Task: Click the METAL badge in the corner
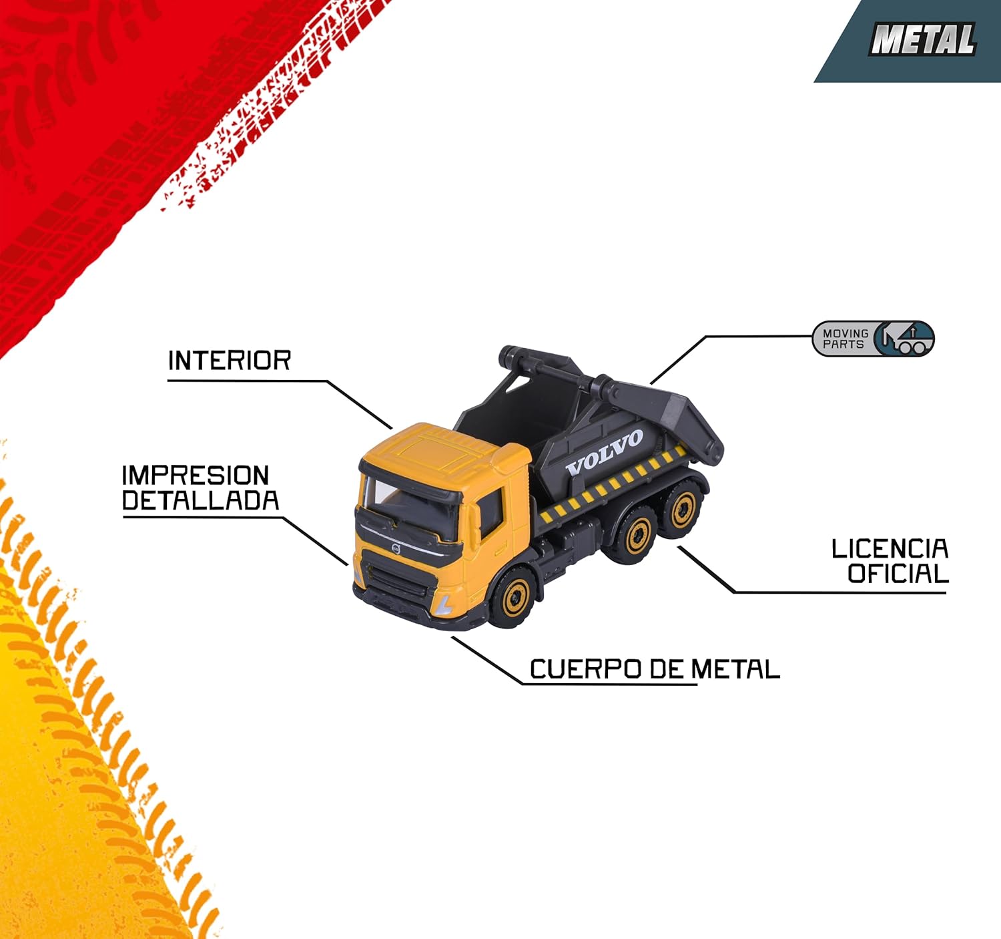point(923,39)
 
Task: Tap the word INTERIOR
point(229,361)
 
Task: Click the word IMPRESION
point(195,476)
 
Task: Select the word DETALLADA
point(200,501)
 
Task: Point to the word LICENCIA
point(890,549)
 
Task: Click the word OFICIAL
point(898,574)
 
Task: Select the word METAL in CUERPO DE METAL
point(735,669)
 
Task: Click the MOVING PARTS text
point(845,339)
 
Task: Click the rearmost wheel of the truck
point(683,510)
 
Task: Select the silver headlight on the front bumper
point(444,605)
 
